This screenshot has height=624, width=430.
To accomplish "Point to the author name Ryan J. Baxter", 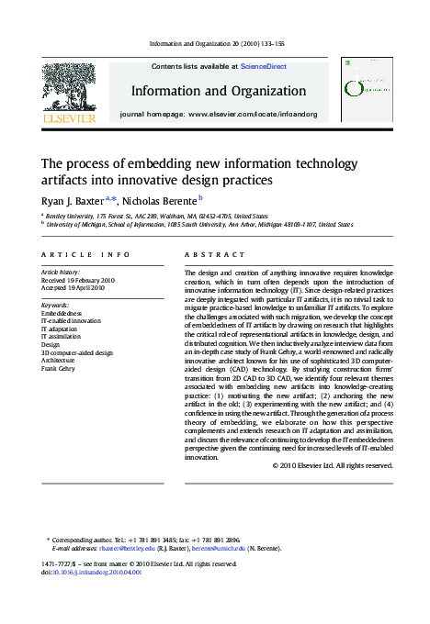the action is [73, 201].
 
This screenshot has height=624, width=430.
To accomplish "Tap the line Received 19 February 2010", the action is [78, 280].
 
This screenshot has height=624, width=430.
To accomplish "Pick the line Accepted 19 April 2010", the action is [74, 288].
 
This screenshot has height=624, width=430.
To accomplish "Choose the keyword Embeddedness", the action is [62, 313].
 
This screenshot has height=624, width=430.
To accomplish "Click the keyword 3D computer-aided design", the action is [77, 352].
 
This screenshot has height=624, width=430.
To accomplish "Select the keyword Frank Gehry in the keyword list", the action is [60, 369].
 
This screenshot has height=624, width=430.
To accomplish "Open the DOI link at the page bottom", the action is [96, 571].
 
